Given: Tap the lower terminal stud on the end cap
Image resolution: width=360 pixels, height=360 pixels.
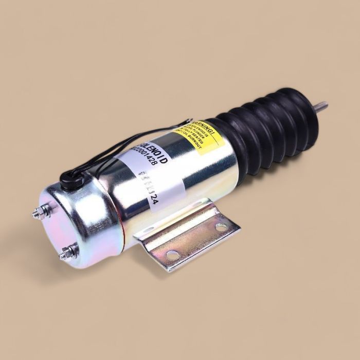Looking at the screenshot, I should (66, 253).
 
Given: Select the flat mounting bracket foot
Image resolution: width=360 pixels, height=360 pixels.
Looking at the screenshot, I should (195, 240).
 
